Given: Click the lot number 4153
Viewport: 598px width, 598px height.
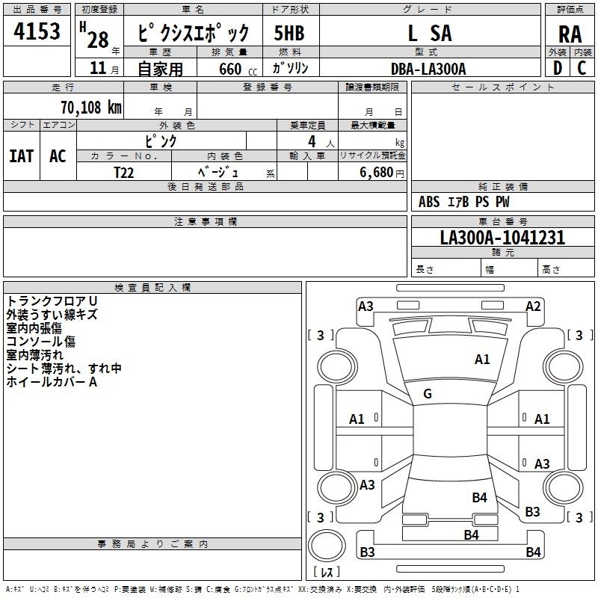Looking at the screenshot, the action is (x=37, y=31).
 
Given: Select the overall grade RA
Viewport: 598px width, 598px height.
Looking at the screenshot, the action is (x=570, y=34).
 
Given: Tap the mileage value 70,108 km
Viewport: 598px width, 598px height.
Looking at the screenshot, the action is (x=91, y=108).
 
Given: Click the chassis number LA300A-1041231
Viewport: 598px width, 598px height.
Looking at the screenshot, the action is (x=502, y=237).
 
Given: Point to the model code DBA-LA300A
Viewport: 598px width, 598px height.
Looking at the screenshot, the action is (x=428, y=69).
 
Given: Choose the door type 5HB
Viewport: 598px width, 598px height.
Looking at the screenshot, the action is (x=289, y=33).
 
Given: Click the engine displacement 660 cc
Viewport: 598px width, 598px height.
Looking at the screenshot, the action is (x=238, y=70).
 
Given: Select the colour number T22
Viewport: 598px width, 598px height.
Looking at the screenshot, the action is (x=124, y=173).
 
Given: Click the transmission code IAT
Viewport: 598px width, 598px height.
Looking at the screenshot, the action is (x=22, y=156).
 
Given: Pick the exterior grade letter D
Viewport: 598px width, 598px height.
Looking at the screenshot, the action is (x=558, y=68).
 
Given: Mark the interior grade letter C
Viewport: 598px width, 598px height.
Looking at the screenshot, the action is (x=582, y=68).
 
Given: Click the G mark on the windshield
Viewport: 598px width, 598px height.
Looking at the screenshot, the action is (x=428, y=394).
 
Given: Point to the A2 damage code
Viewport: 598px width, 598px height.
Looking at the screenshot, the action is (x=533, y=306).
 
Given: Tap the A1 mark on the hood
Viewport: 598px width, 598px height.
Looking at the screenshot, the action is (x=482, y=360).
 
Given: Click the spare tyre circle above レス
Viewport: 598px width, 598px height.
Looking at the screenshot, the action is (x=327, y=546).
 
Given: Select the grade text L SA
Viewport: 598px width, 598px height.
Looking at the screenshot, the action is (x=430, y=33).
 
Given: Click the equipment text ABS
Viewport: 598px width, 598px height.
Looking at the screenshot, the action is (x=429, y=202).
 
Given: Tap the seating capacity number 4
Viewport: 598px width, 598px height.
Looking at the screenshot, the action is (x=312, y=142).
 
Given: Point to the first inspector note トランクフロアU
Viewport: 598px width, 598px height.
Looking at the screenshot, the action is (x=52, y=301).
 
